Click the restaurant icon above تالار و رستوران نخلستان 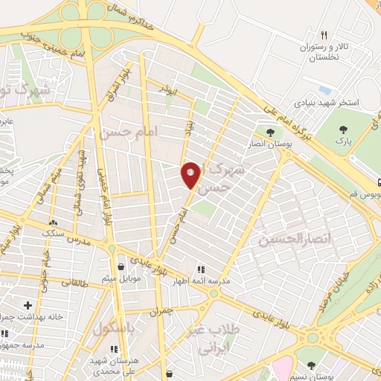click(324, 35)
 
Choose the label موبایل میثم click(121, 279)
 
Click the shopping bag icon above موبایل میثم click(121, 266)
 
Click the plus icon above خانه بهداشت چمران click(28, 305)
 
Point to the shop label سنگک click(53, 234)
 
